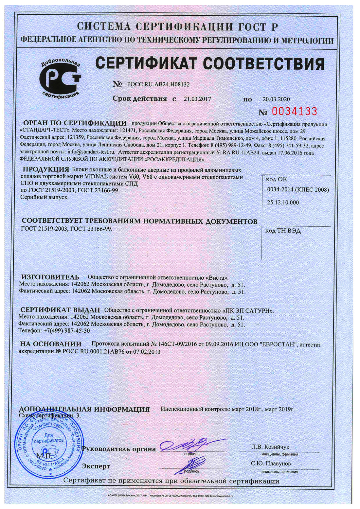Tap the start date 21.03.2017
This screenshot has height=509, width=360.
pos(197,99)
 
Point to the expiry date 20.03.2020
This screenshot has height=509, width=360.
pos(276,99)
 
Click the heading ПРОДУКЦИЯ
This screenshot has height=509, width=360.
pos(46,169)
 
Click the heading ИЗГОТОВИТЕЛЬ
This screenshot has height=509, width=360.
pos(50,277)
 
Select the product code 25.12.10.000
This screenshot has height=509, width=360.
pos(283,202)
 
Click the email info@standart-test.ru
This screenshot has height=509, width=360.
pos(91,152)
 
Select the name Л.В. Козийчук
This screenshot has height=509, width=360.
pos(270,447)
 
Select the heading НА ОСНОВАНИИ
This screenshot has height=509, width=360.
pos(51,344)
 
